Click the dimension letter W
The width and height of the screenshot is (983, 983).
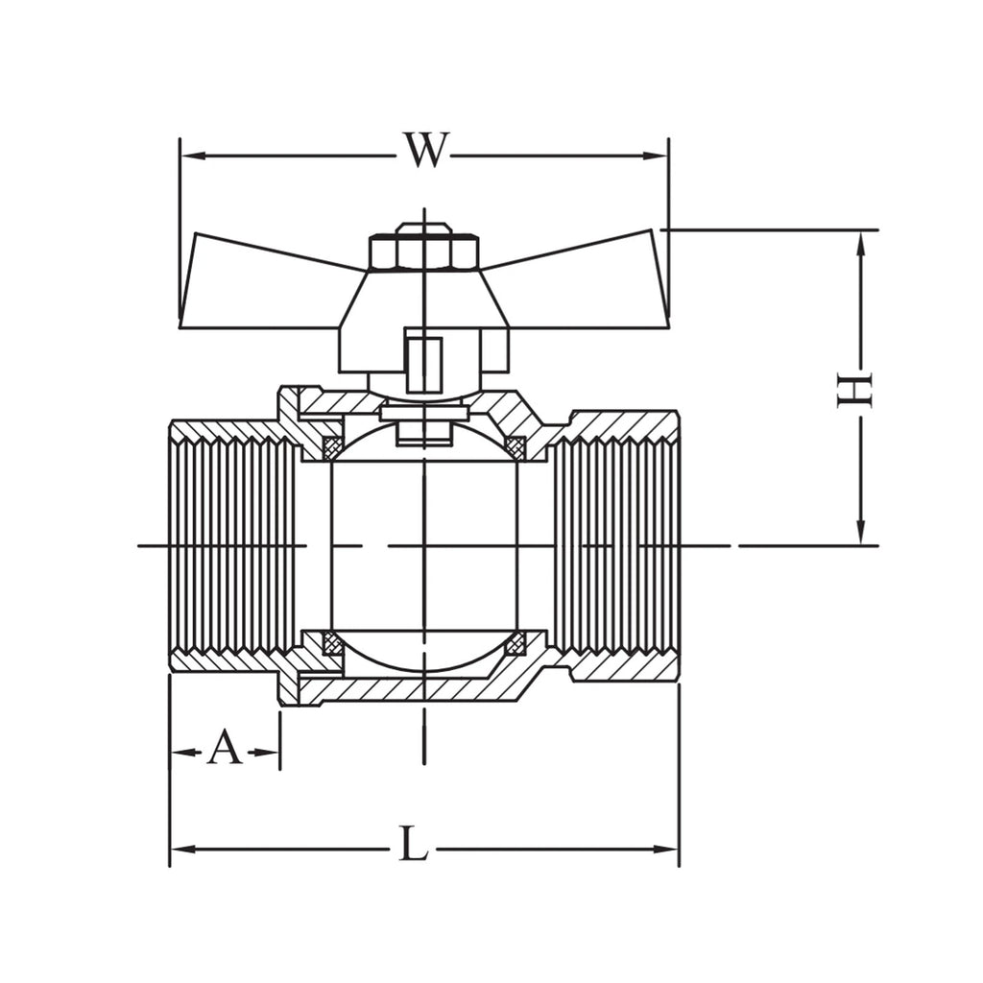(x=425, y=151)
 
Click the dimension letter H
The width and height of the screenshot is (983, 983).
(x=854, y=390)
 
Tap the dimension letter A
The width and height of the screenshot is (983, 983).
(x=225, y=748)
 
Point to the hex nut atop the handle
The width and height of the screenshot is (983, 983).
(x=425, y=252)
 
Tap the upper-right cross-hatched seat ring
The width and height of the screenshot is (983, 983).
(x=515, y=446)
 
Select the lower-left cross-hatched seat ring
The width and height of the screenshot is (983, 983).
(x=331, y=643)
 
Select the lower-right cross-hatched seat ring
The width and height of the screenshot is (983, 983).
(x=515, y=643)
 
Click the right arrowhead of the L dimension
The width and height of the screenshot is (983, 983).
(x=665, y=850)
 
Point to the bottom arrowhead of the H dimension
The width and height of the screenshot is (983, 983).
(x=861, y=532)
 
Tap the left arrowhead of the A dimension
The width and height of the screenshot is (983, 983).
(x=181, y=751)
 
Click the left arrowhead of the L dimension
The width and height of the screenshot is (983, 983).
(x=183, y=850)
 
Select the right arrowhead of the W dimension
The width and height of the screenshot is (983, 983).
(x=655, y=156)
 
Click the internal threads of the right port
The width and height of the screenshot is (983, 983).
(x=614, y=545)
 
